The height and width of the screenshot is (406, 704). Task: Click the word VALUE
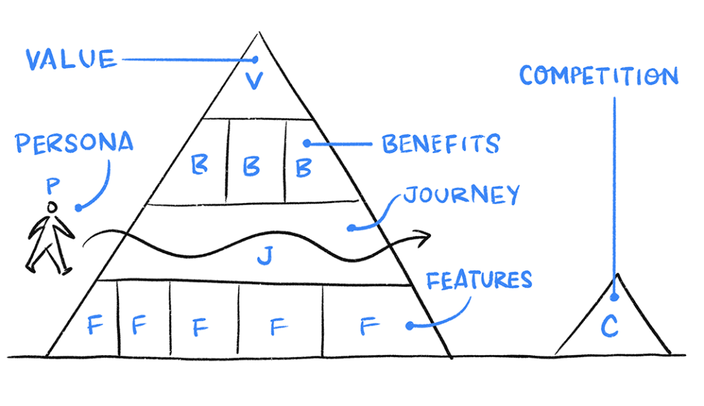point(71,59)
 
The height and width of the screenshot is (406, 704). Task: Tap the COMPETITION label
point(598,76)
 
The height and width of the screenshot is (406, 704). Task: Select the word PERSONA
point(74,144)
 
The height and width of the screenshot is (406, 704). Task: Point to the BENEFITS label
point(441,145)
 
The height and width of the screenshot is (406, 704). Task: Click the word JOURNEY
point(460,195)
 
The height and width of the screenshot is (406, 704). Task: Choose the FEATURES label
point(479,280)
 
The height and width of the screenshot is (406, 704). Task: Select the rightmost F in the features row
point(368,325)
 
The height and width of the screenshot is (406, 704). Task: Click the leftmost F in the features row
point(95,324)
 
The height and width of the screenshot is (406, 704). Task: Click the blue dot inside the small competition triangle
point(615,298)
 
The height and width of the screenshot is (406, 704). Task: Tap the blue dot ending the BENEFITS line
point(307,144)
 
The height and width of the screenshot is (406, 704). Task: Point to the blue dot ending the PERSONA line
point(78,207)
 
